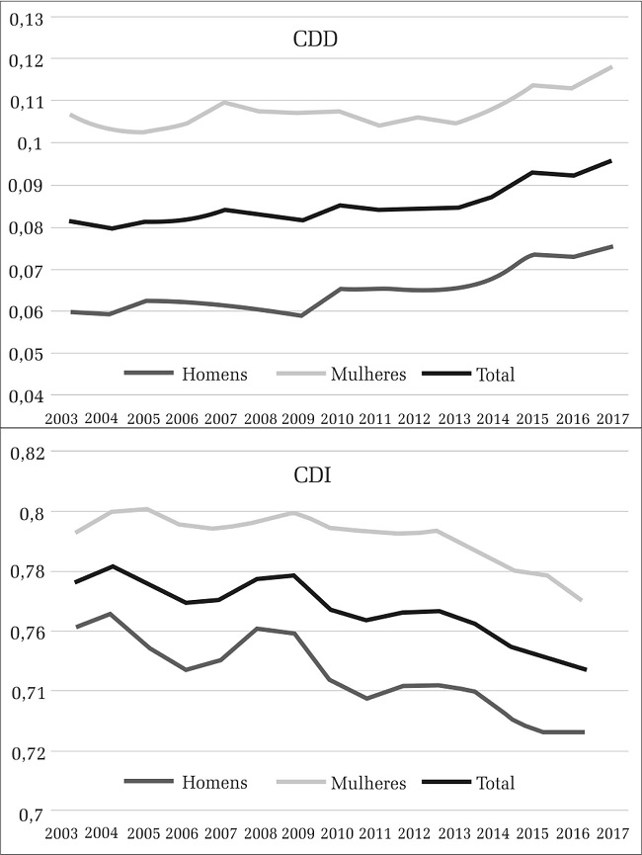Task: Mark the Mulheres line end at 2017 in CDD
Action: pos(612,67)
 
